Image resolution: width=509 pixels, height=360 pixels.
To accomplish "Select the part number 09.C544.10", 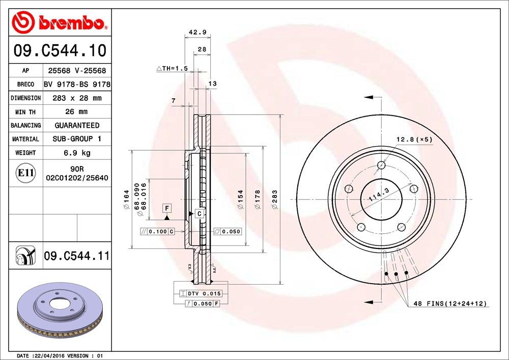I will tap(60, 51).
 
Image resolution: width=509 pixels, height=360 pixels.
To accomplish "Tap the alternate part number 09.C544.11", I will tap(76, 256).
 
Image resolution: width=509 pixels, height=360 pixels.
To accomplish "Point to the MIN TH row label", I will tap(25, 112).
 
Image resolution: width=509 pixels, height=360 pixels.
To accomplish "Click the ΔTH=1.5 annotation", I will tap(172, 68).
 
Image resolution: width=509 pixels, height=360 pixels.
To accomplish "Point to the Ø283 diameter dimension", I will tap(275, 200).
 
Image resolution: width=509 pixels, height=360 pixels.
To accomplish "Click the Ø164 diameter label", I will tap(125, 200).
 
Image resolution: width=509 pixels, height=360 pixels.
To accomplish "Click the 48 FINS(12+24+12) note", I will tap(450, 303).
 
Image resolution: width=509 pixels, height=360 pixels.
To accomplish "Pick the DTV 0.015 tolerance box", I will tap(201, 293).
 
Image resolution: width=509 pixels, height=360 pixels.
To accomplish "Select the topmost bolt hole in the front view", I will tap(381, 165).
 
